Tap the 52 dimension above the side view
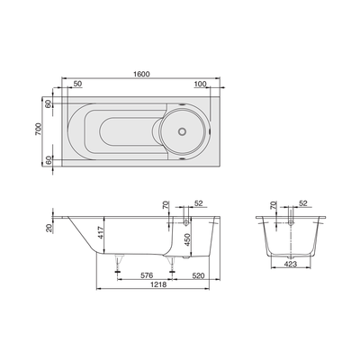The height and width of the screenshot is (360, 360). coord(198,203)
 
